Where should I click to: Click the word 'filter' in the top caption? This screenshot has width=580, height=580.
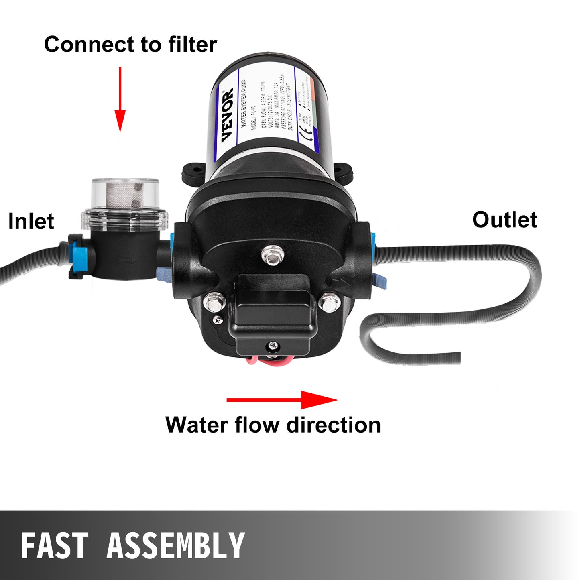[x=192, y=44]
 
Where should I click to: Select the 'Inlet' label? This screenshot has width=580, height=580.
[x=31, y=221]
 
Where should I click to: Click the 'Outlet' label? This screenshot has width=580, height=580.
[x=505, y=220]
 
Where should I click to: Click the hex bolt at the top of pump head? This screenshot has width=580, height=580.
[x=273, y=254]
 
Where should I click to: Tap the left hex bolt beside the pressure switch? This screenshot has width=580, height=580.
[x=214, y=302]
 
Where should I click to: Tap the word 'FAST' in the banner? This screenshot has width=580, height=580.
[x=54, y=546]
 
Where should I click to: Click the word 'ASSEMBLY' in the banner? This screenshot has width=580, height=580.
[x=175, y=546]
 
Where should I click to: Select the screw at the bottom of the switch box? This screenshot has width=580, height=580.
[x=273, y=345]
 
